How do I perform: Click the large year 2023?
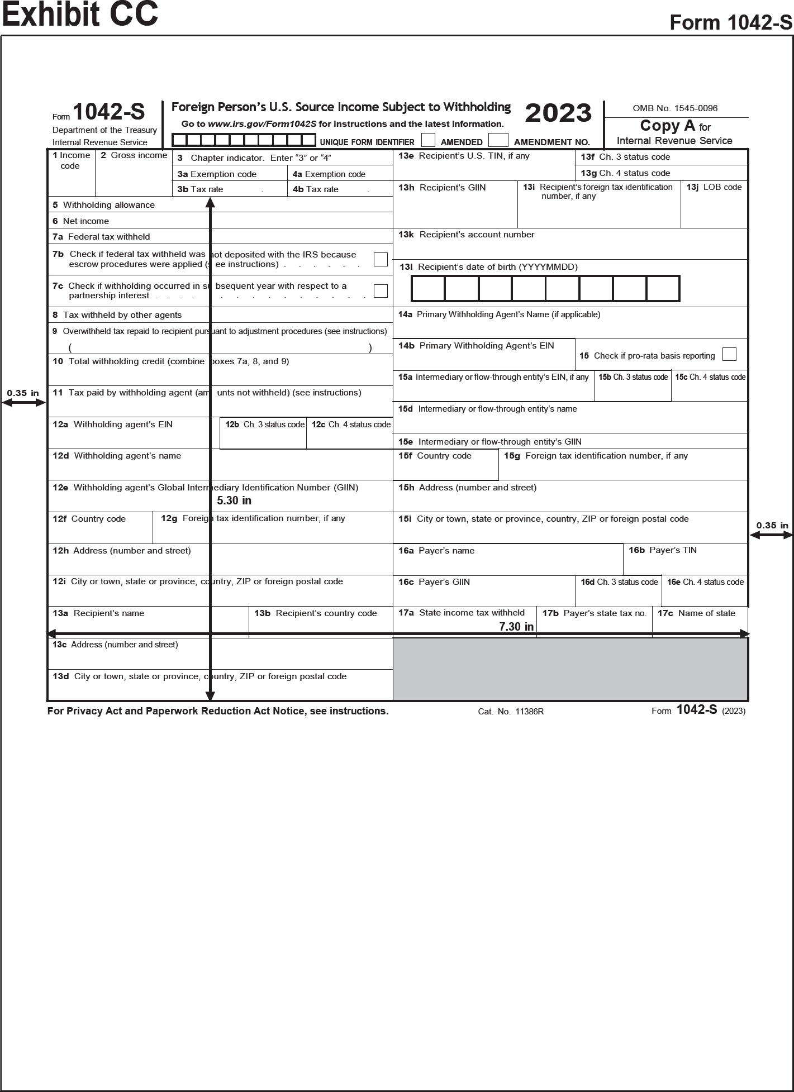coord(558,113)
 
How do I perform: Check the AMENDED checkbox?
coord(428,140)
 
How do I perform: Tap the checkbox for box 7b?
coord(381,259)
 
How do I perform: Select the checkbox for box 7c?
coord(381,290)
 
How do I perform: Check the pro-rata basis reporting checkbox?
coord(729,354)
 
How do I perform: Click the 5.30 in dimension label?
coord(234,500)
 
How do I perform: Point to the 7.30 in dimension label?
coord(516,627)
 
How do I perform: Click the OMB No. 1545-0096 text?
coord(675,108)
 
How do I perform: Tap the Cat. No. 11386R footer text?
coord(511,712)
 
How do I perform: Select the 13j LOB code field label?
coord(714,187)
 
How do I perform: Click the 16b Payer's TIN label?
coord(663,550)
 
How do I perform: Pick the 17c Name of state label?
coord(696,613)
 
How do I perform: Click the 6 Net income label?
coord(81,221)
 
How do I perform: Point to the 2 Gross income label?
coord(134,155)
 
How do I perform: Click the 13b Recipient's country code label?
coord(316,613)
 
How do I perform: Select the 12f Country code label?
coord(89,519)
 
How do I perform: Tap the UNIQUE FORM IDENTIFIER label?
coord(367,142)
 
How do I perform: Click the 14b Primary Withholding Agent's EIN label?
coord(476,346)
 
